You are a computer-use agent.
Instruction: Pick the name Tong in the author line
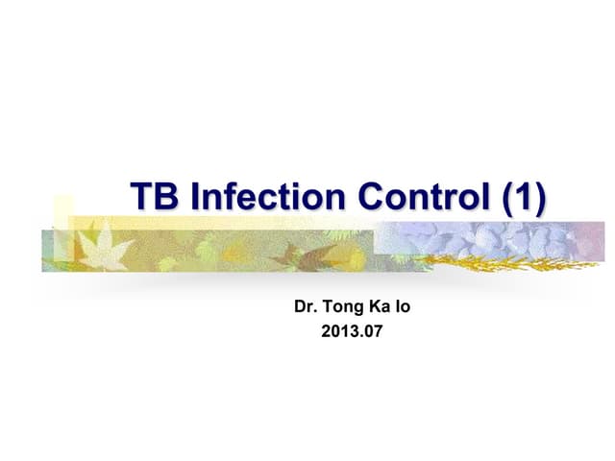point(343,310)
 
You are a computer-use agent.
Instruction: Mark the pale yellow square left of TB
point(62,213)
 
